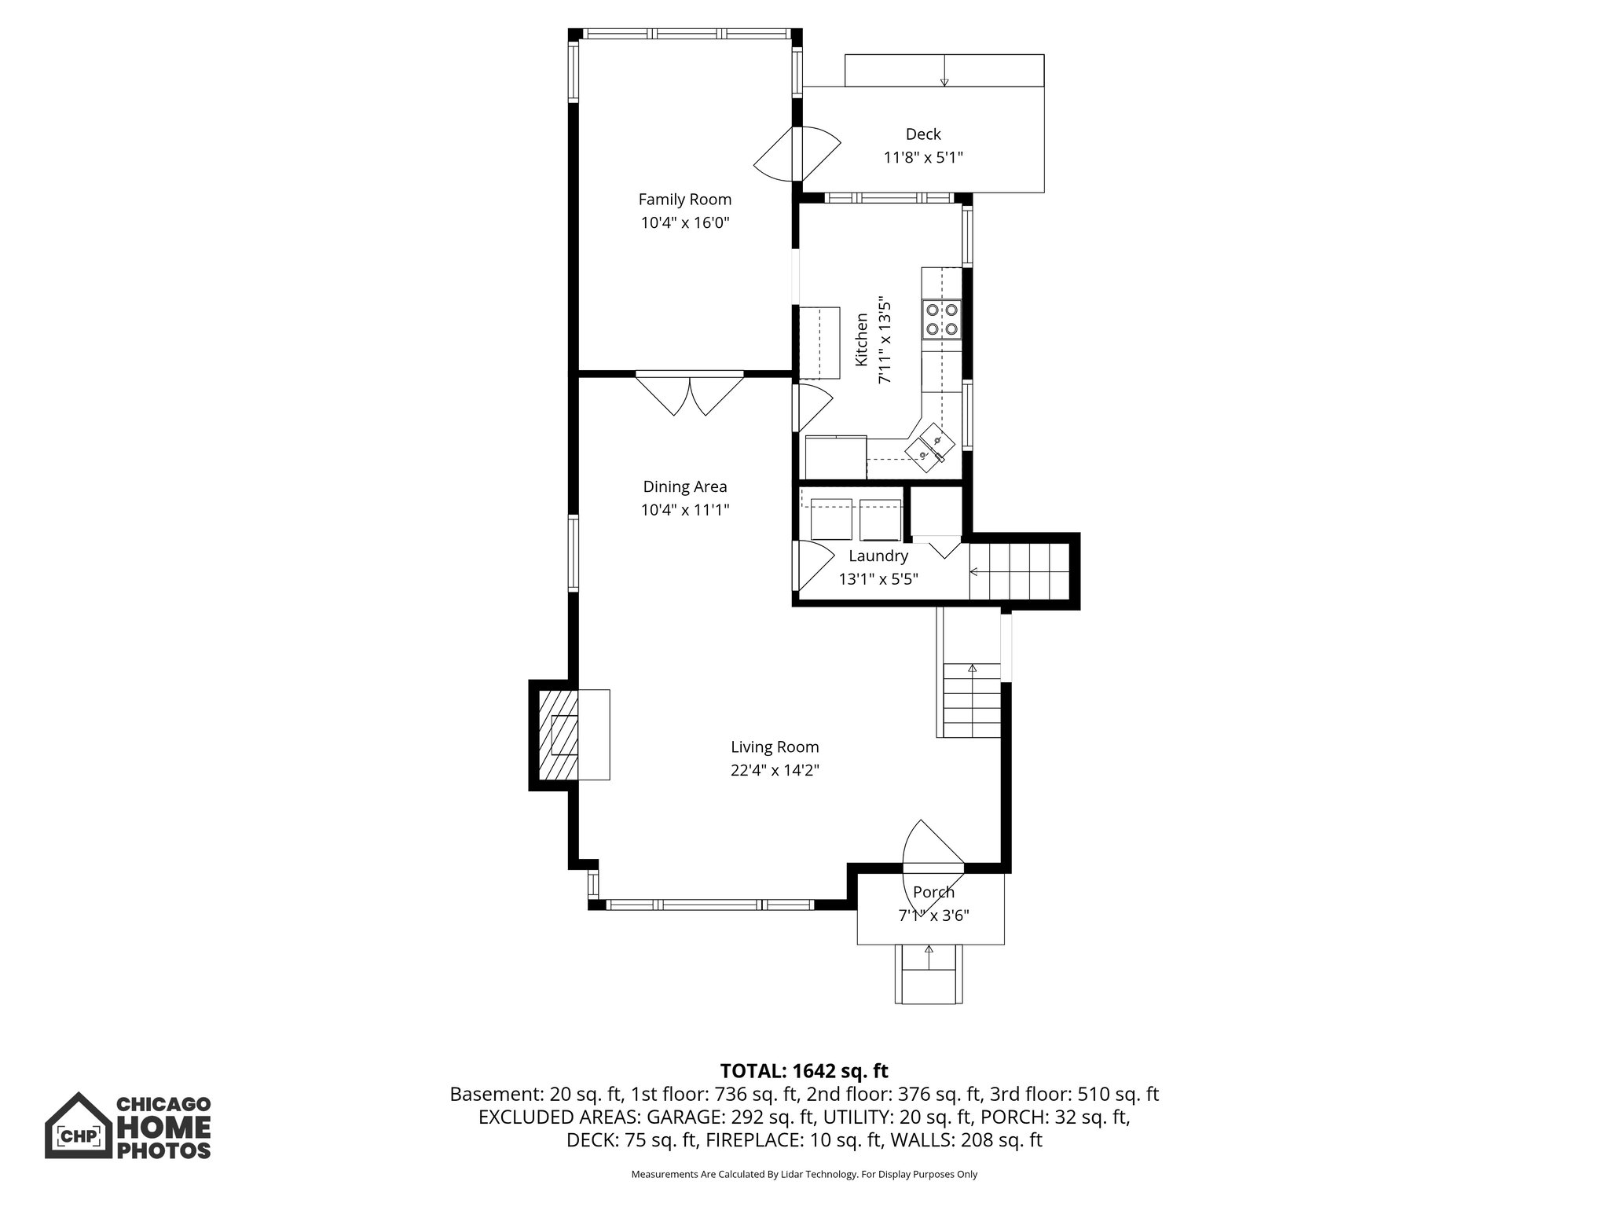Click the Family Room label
click(x=684, y=200)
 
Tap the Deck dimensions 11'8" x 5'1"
click(x=923, y=158)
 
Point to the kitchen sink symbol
click(x=931, y=448)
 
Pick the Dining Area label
click(x=684, y=486)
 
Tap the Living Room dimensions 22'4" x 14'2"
click(x=775, y=771)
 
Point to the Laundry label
click(x=878, y=556)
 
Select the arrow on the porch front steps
click(x=929, y=951)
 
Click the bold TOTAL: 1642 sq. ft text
click(x=804, y=1070)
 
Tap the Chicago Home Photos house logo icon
click(x=76, y=1125)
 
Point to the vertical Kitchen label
click(x=862, y=339)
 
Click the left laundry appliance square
click(x=830, y=519)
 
